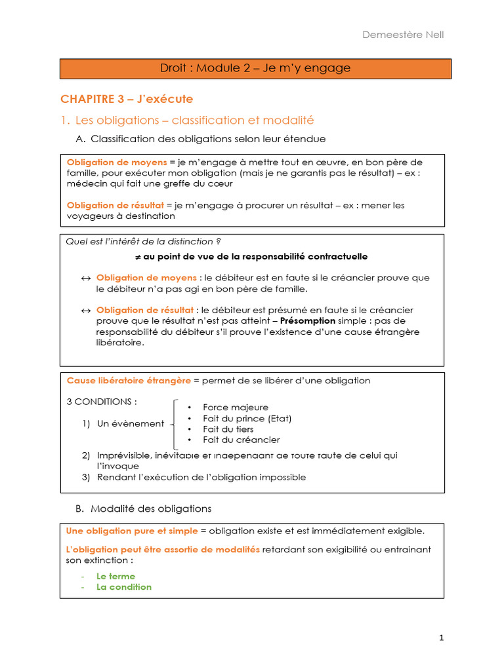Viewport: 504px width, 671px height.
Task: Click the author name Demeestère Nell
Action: (403, 34)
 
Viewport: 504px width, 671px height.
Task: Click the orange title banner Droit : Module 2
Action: (255, 68)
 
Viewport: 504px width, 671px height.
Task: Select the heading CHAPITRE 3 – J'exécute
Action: (127, 99)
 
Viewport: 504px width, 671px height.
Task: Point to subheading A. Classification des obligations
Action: (201, 139)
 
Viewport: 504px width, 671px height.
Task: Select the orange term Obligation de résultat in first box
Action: (115, 205)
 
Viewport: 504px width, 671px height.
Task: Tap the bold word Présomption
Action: (308, 321)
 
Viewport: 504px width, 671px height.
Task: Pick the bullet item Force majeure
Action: (235, 408)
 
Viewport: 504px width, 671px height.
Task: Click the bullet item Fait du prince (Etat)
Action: (247, 418)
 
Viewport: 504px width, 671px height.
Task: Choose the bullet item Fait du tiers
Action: (228, 429)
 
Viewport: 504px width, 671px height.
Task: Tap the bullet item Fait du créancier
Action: (241, 440)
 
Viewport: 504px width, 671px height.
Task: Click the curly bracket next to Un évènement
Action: (174, 423)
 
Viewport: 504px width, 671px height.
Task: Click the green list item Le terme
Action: (115, 576)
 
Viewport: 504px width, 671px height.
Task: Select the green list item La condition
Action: (123, 586)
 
